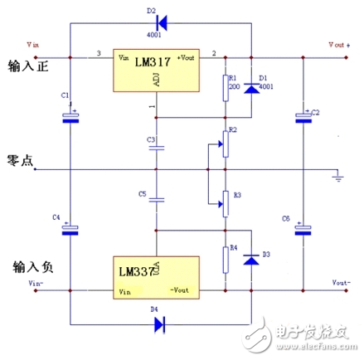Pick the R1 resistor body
point(225,88)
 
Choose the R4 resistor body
point(225,260)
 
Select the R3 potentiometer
point(224,200)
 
